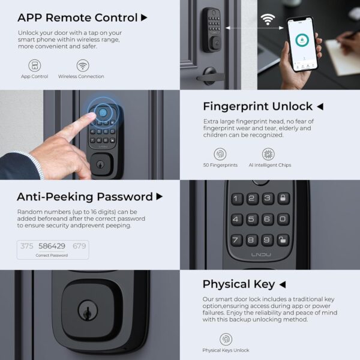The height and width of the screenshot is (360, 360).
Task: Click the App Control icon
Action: click(35, 65)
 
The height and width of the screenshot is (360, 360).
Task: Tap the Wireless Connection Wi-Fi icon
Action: click(82, 65)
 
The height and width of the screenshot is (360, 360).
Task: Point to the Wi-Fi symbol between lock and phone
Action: click(267, 19)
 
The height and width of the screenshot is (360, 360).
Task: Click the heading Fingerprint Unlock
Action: click(257, 107)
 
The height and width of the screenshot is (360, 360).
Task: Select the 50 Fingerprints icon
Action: click(220, 154)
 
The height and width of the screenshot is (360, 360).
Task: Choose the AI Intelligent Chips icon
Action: click(268, 154)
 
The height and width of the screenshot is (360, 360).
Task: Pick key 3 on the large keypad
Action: click(268, 199)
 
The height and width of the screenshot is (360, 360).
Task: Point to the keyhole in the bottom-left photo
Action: click(88, 313)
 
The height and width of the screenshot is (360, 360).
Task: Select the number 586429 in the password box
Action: click(52, 246)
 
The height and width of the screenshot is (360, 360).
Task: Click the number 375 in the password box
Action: click(27, 246)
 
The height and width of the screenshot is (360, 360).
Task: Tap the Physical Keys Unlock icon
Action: click(226, 338)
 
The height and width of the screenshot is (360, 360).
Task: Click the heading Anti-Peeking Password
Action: click(84, 197)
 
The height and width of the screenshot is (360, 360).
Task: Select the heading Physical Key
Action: click(238, 284)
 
